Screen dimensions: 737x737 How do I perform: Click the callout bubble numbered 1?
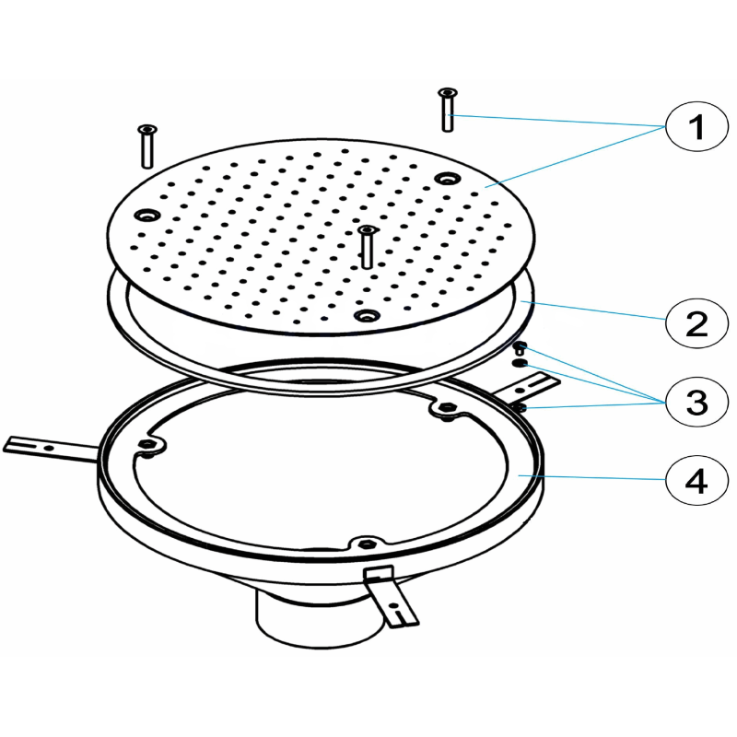[x=696, y=126]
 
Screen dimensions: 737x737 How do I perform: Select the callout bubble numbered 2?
[x=696, y=323]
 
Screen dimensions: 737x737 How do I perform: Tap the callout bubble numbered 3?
[x=696, y=403]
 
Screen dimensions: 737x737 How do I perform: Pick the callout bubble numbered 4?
[x=696, y=480]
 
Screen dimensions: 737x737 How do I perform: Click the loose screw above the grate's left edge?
[x=147, y=146]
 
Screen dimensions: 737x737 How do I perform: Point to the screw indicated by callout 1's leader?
[x=448, y=110]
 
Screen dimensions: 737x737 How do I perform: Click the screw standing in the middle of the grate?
[x=367, y=247]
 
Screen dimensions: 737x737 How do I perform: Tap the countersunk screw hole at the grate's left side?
[x=147, y=216]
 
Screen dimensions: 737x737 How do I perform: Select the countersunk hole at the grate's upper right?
[x=448, y=179]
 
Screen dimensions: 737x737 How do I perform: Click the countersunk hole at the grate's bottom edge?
[x=367, y=315]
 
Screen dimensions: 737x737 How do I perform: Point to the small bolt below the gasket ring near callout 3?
[x=519, y=348]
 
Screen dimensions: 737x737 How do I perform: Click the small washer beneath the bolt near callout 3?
[x=520, y=362]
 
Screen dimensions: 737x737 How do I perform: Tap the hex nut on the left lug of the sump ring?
[x=147, y=444]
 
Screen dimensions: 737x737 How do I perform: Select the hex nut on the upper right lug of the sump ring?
[x=446, y=406]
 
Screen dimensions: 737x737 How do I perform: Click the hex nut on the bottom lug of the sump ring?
[x=366, y=544]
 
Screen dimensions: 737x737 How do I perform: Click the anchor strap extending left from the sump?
[x=51, y=448]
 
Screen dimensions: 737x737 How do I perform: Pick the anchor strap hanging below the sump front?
[x=391, y=597]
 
